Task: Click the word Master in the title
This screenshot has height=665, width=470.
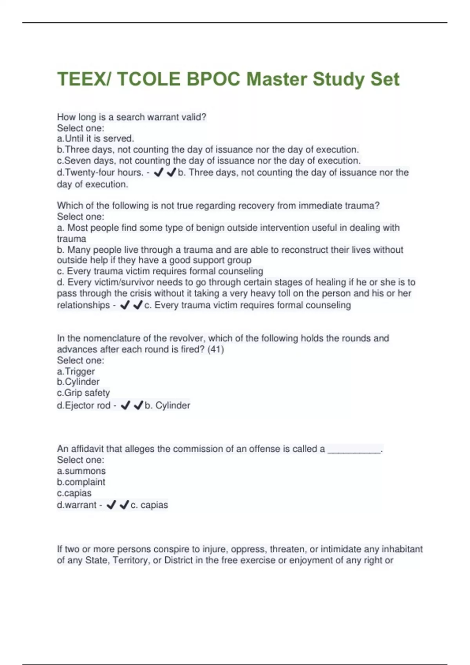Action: click(x=277, y=79)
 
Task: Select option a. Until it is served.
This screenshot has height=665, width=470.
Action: click(x=96, y=138)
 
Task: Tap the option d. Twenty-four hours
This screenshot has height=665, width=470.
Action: click(x=100, y=173)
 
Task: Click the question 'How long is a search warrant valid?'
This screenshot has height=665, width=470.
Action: click(x=132, y=117)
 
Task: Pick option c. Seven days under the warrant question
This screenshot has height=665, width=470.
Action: click(x=209, y=160)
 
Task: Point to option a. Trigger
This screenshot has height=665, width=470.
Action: click(x=76, y=371)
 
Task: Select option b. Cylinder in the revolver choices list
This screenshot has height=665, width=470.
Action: click(x=78, y=382)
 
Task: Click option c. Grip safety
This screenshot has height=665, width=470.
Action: click(x=83, y=393)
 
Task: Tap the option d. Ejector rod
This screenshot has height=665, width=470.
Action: click(x=84, y=405)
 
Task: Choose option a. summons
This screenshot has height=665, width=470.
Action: click(x=81, y=471)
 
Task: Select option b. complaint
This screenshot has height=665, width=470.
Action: click(x=81, y=482)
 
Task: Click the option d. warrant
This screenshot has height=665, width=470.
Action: click(x=77, y=505)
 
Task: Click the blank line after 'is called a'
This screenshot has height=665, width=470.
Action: click(x=354, y=450)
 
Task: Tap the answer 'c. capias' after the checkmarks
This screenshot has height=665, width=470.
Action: click(x=149, y=505)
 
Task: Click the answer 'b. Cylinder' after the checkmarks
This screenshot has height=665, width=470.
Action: click(x=167, y=405)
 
